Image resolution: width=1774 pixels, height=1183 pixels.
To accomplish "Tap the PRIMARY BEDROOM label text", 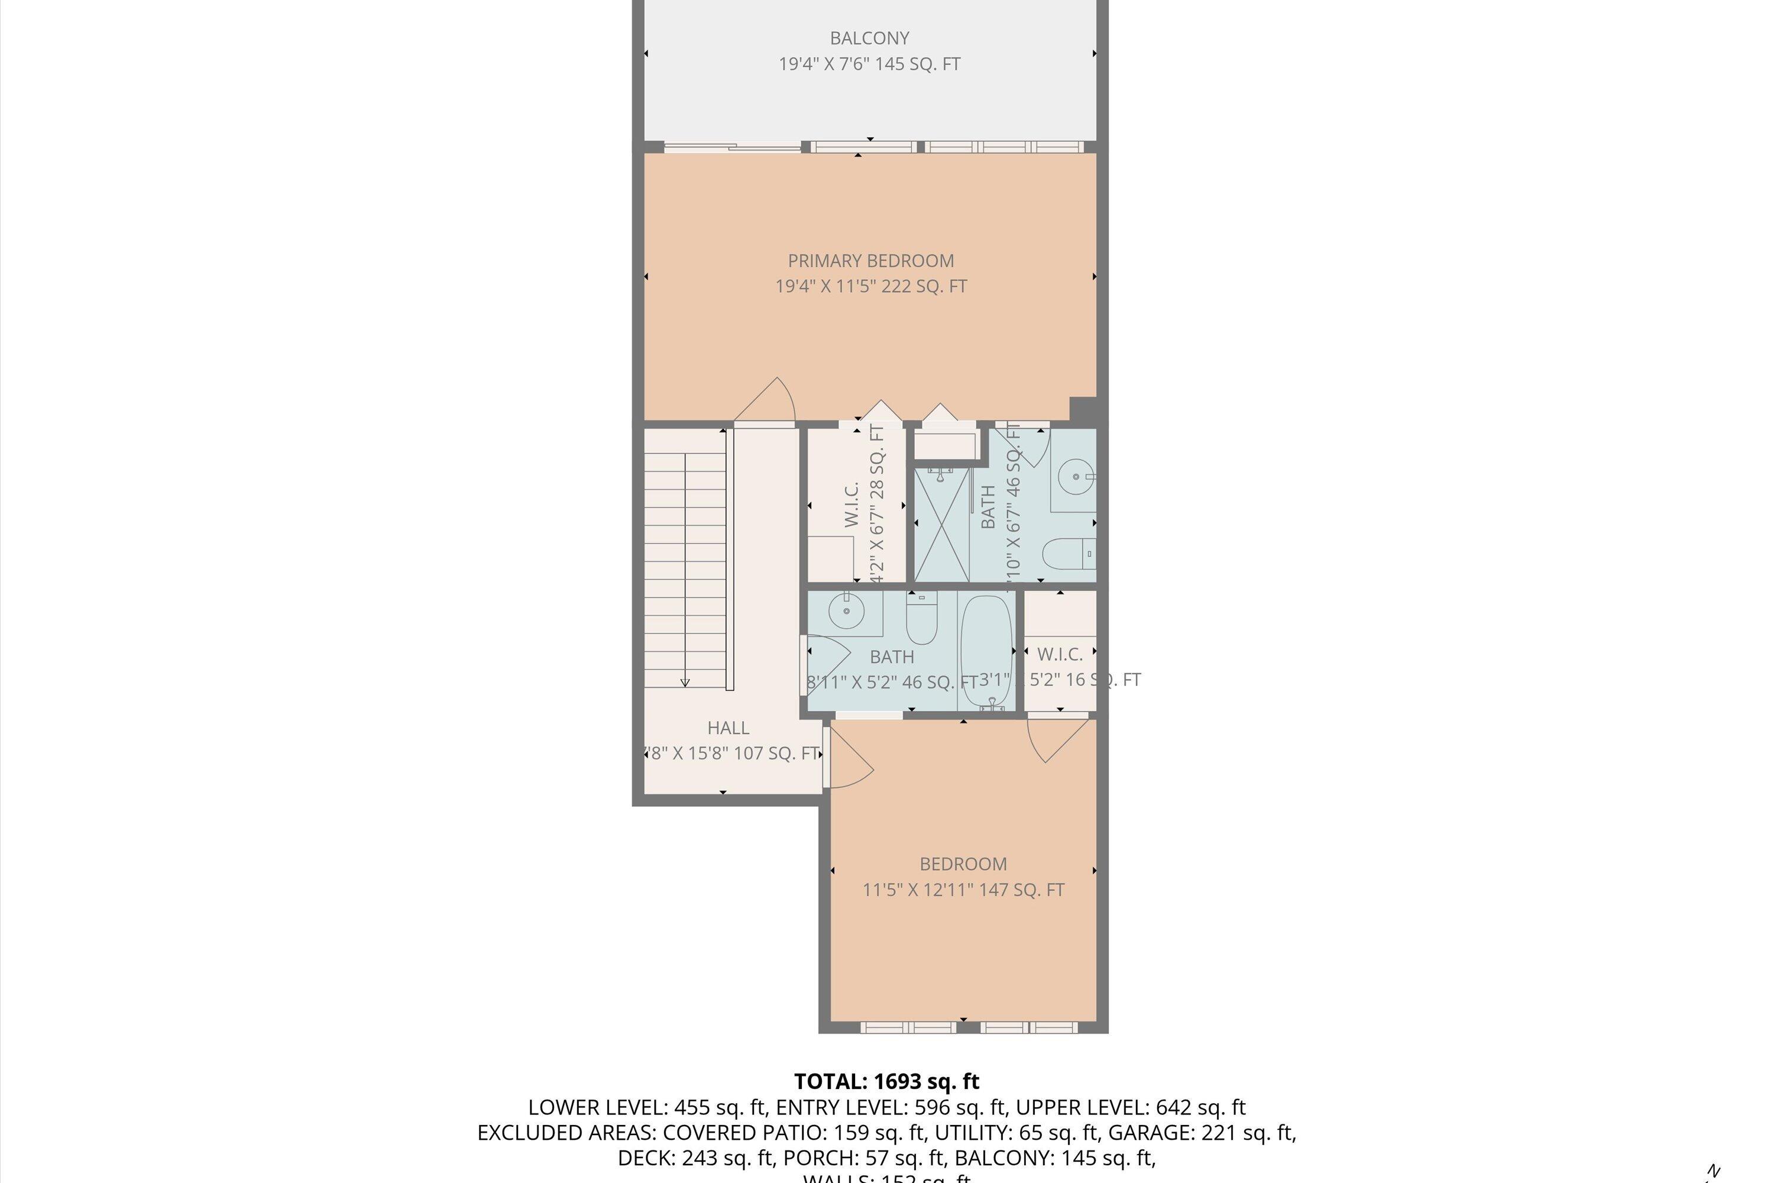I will point(870,261).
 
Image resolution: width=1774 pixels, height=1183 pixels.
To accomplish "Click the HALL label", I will point(728,728).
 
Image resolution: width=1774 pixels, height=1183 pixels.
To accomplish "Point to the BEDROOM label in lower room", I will point(963,864).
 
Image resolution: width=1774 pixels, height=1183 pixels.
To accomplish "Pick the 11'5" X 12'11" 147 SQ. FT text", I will point(963,890).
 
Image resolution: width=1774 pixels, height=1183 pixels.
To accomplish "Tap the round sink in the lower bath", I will point(846,610).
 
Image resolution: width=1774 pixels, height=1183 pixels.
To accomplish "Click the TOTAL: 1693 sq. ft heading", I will point(886,1082).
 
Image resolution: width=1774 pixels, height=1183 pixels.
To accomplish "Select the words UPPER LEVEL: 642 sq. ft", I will point(1130,1107).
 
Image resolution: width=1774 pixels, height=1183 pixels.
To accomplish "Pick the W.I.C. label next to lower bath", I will point(1060,654).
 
